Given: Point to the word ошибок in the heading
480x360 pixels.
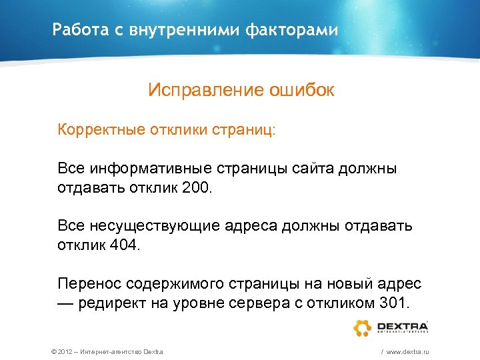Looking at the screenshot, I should pos(302,90).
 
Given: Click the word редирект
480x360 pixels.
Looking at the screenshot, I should pos(109,303).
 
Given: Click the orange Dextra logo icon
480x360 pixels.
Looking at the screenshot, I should pos(362,328).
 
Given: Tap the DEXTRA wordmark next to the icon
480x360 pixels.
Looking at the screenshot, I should pos(402,326).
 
